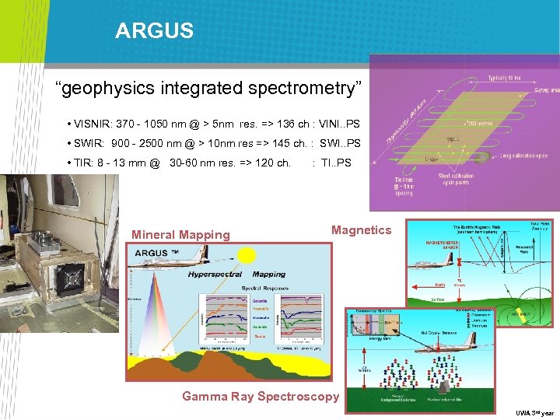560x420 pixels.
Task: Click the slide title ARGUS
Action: coord(154,31)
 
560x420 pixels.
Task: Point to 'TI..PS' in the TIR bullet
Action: coord(336,163)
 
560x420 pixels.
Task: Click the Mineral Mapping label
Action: coord(180,234)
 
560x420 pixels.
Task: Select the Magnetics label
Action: coord(361,229)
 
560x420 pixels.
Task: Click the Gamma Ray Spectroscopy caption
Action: coord(261,397)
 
